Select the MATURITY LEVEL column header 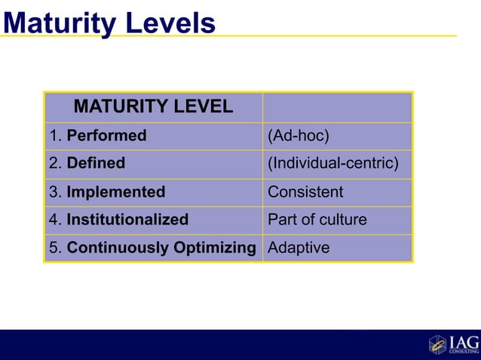(x=153, y=107)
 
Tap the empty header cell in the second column (x=337, y=107)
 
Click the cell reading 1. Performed (x=153, y=136)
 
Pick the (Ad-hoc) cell (x=337, y=136)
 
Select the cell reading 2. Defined (x=153, y=163)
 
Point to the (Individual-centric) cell (x=337, y=163)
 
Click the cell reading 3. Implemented (x=153, y=192)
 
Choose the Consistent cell (x=337, y=192)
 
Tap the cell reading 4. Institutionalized (x=153, y=220)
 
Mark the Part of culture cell (x=337, y=220)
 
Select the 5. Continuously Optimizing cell (x=153, y=248)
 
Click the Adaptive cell (x=337, y=248)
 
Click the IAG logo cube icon (x=437, y=344)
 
